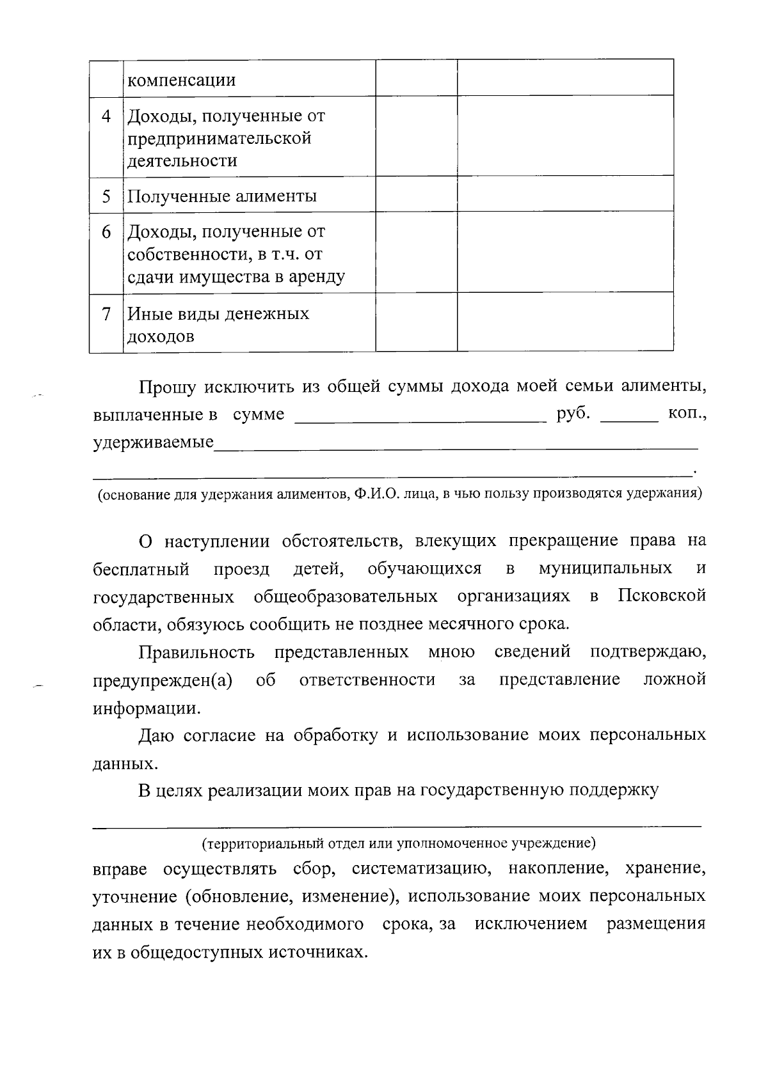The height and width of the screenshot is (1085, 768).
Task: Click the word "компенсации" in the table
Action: coord(182,81)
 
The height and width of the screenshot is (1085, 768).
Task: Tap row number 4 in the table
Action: coord(106,116)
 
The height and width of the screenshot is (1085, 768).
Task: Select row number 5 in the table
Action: coord(106,196)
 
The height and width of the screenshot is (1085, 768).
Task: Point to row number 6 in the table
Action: coord(106,231)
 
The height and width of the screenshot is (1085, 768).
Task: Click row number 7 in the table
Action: coord(106,314)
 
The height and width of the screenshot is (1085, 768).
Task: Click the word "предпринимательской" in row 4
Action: coord(220,139)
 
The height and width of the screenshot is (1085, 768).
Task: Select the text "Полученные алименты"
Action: coord(222,196)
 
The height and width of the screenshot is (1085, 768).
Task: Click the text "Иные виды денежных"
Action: coord(218,314)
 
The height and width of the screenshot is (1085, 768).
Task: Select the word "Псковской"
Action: coord(662,596)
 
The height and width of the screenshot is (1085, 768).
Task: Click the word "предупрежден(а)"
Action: coord(163,679)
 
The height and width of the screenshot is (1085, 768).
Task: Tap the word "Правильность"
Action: coord(197,652)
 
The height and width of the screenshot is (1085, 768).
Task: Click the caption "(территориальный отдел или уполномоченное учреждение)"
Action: coord(399,843)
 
